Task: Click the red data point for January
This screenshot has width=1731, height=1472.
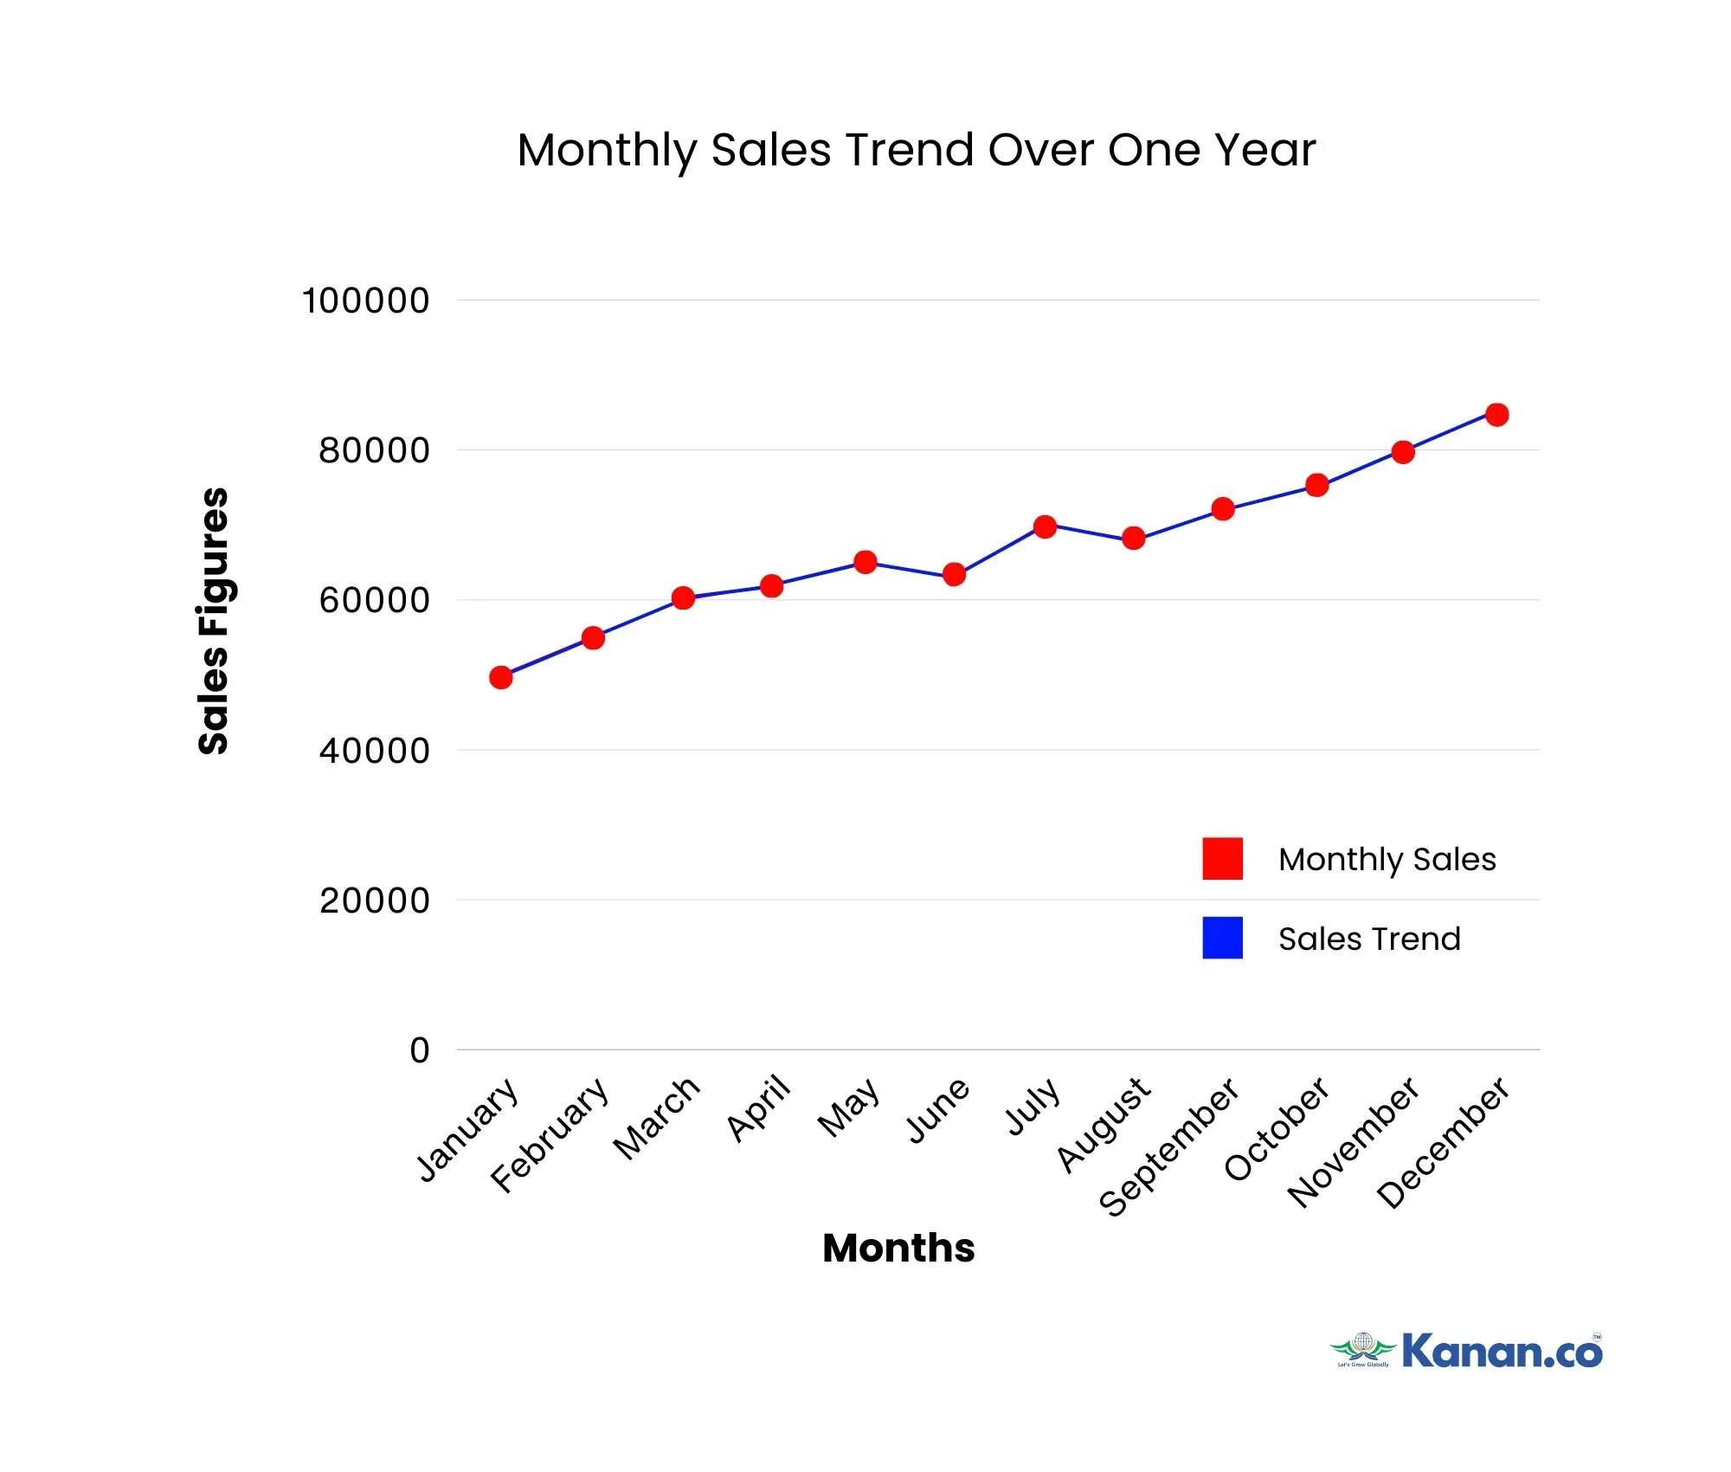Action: click(x=500, y=677)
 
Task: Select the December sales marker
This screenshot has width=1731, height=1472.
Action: click(x=1496, y=415)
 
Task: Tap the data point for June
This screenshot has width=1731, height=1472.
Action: click(x=954, y=574)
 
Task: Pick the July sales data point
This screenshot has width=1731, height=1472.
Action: click(x=1045, y=526)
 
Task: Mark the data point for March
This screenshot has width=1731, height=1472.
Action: click(x=683, y=597)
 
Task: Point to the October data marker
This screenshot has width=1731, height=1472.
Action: click(x=1316, y=485)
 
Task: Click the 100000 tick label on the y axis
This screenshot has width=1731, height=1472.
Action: click(x=365, y=301)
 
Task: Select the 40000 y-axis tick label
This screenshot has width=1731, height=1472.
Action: click(x=374, y=751)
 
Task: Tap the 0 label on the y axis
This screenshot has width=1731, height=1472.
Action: click(x=420, y=1050)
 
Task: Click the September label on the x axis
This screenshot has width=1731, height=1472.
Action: click(x=1168, y=1147)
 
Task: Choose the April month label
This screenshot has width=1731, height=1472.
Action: click(x=759, y=1108)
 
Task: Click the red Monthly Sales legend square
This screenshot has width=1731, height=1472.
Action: click(x=1222, y=858)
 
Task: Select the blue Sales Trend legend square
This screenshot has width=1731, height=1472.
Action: click(x=1222, y=938)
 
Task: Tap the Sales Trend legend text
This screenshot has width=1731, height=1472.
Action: click(x=1369, y=939)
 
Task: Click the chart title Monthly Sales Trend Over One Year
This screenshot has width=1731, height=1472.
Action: click(x=916, y=150)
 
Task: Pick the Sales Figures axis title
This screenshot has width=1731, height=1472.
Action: click(x=213, y=621)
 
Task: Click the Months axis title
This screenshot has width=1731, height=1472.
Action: click(x=898, y=1248)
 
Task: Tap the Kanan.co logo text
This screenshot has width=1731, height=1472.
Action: click(x=1502, y=1352)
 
